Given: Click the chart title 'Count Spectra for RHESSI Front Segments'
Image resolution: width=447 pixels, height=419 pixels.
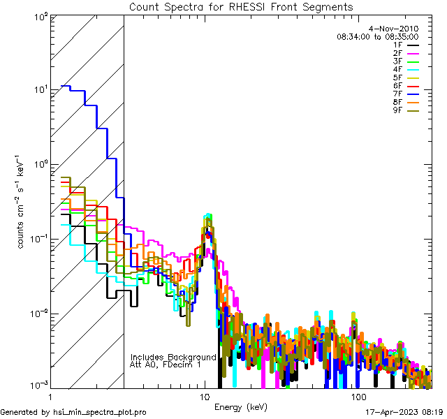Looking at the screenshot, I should (241, 7).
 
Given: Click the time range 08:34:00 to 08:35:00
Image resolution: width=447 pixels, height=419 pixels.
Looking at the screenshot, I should (377, 36).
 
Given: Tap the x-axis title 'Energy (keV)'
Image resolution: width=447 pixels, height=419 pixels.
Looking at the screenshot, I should (241, 407).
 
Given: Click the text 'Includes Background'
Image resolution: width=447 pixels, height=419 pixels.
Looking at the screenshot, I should (173, 357).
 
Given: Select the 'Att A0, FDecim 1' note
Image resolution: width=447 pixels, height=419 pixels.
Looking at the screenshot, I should (166, 365).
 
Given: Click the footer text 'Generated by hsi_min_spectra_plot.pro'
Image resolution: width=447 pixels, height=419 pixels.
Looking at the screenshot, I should (74, 413).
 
